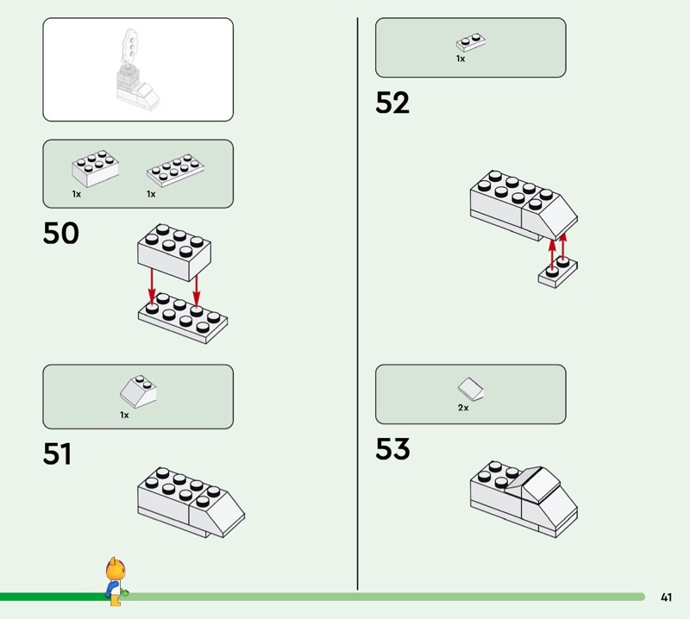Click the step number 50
click(x=60, y=233)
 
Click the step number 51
click(x=57, y=453)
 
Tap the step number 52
click(x=392, y=103)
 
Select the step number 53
click(x=392, y=449)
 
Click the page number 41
click(x=666, y=597)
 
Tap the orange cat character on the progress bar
click(x=113, y=578)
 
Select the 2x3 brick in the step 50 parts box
click(x=94, y=168)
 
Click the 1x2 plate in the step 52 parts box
click(x=470, y=41)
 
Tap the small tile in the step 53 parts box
click(x=470, y=389)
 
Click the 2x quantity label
click(x=463, y=408)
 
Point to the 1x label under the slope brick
click(x=124, y=415)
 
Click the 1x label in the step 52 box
click(x=461, y=59)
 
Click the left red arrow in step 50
click(x=152, y=284)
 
